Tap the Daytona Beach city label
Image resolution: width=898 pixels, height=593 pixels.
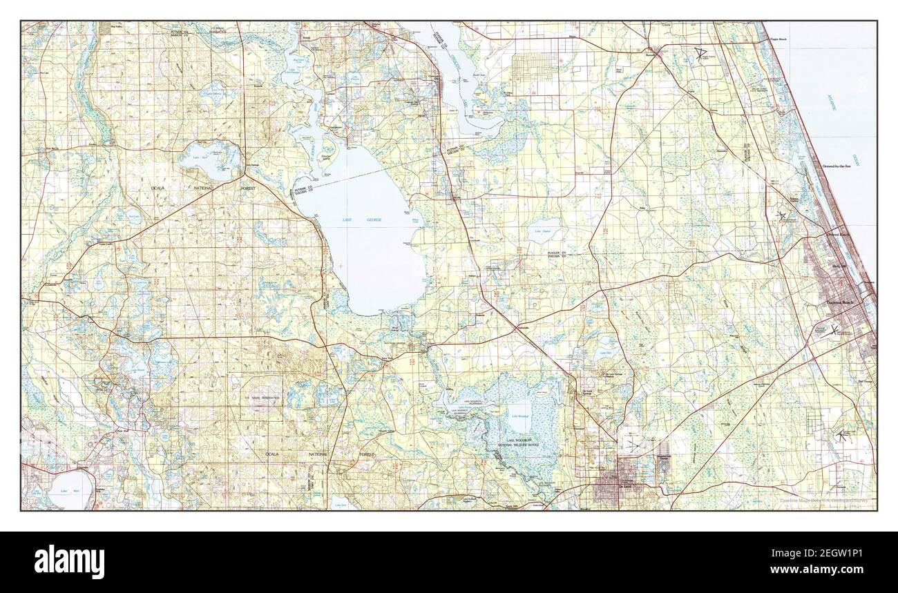tap(841, 302)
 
